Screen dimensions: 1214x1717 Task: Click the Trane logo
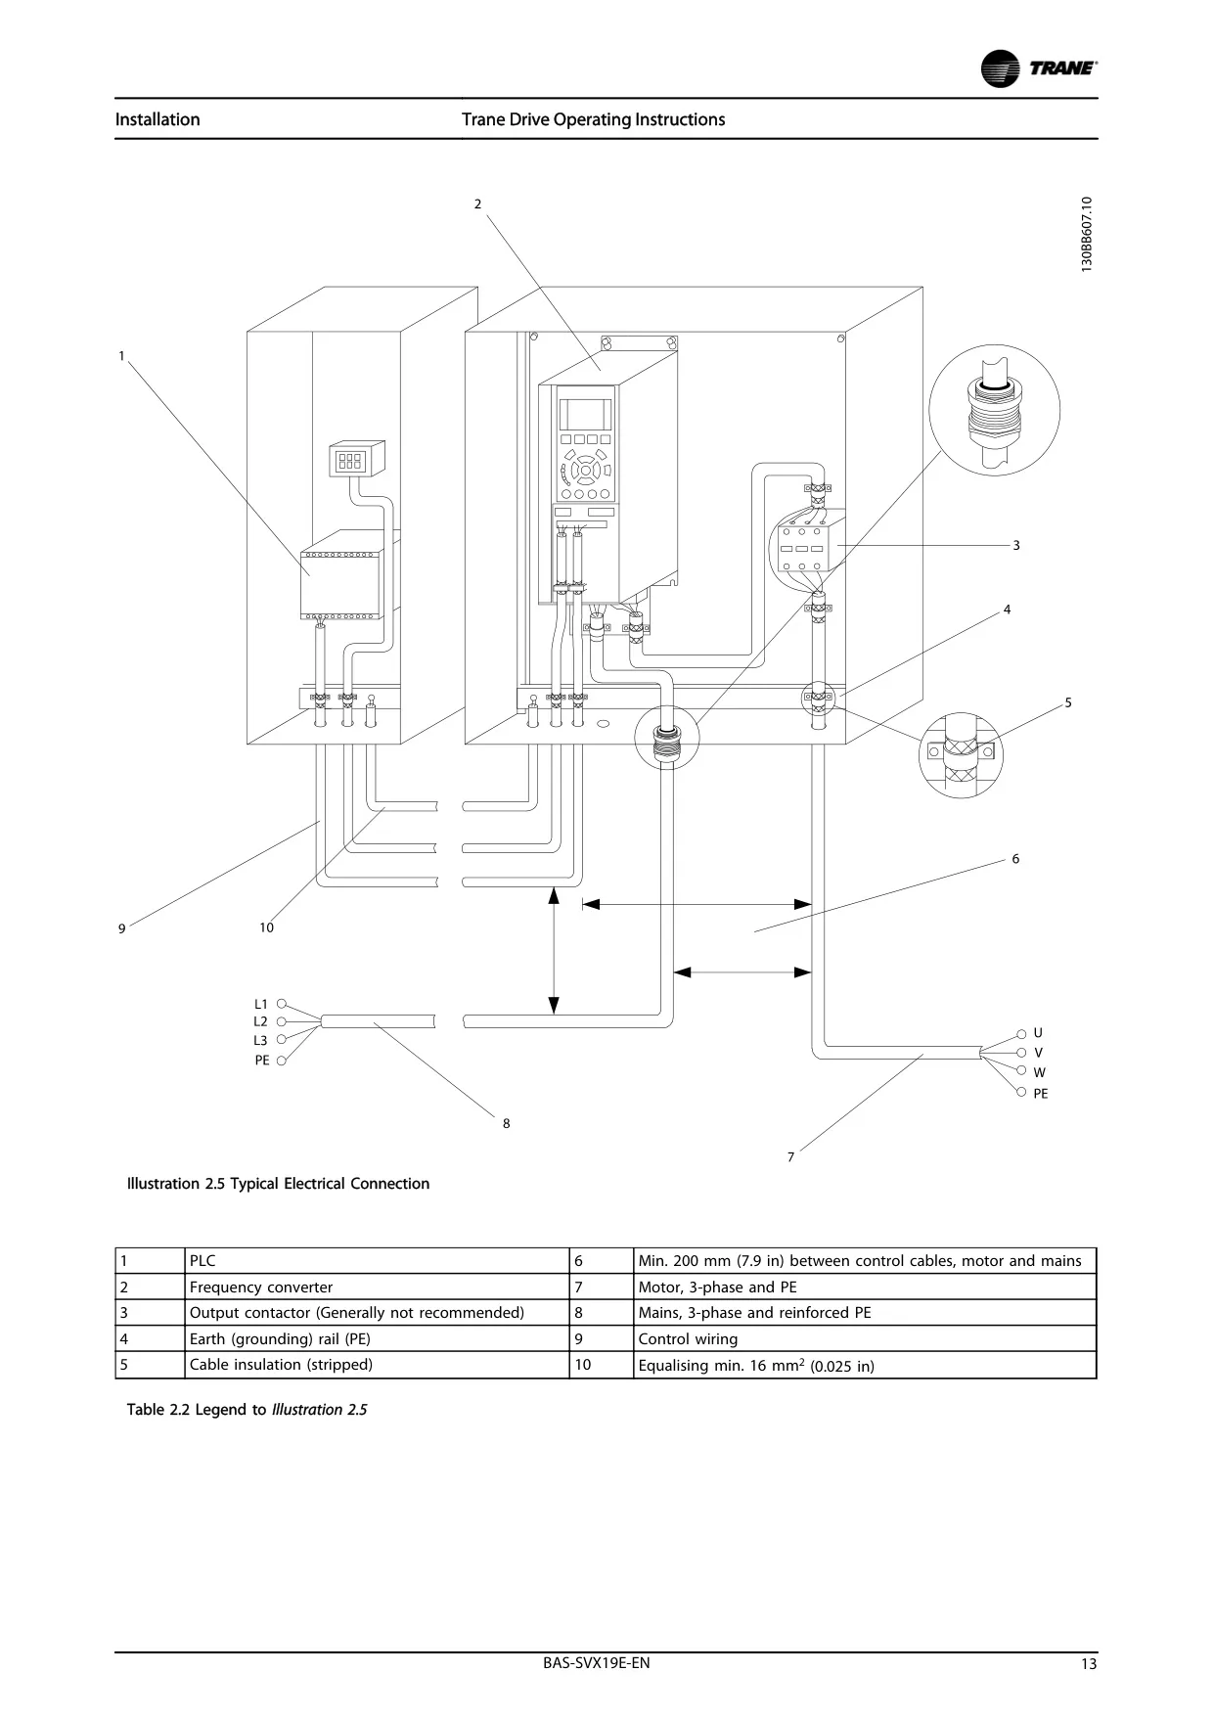pyautogui.click(x=1038, y=68)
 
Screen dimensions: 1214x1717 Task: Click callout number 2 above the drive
pyautogui.click(x=477, y=203)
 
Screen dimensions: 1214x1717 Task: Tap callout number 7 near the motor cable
pyautogui.click(x=790, y=1156)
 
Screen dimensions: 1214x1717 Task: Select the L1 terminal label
pyautogui.click(x=260, y=1004)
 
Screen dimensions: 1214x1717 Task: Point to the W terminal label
pyautogui.click(x=1039, y=1072)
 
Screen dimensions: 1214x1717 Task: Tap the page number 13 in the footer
pyautogui.click(x=1089, y=1665)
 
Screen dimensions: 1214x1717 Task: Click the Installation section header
pyautogui.click(x=157, y=119)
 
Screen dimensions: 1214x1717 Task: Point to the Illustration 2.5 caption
pyautogui.click(x=278, y=1184)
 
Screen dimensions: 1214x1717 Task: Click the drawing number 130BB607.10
pyautogui.click(x=1087, y=235)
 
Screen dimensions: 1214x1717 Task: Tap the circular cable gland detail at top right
pyautogui.click(x=994, y=412)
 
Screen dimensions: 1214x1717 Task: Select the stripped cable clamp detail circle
pyautogui.click(x=961, y=754)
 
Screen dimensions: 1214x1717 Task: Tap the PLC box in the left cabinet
pyautogui.click(x=340, y=584)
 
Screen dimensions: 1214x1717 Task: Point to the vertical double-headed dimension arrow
pyautogui.click(x=554, y=951)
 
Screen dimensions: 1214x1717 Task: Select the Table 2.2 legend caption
pyautogui.click(x=247, y=1410)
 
